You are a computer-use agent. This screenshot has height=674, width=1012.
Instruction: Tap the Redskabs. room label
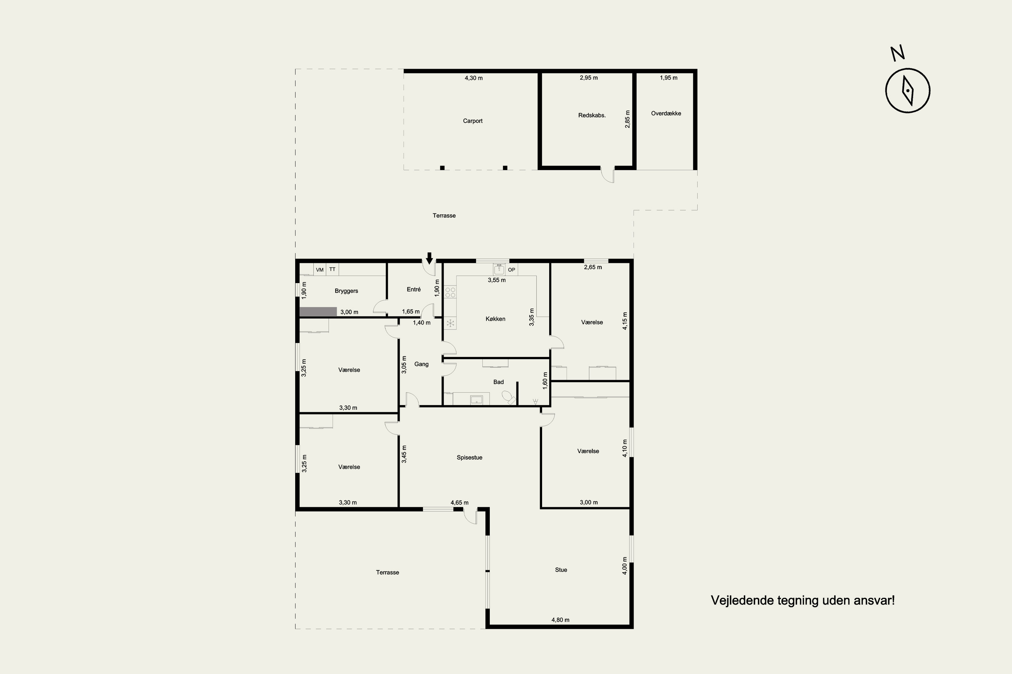coord(592,115)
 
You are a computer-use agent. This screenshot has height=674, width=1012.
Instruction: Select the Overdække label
coord(666,114)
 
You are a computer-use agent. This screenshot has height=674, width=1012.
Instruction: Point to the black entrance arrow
coord(429,258)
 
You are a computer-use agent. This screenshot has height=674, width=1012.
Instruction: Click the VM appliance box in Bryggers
coord(320,270)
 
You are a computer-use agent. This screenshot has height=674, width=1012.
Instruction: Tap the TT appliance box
coord(332,270)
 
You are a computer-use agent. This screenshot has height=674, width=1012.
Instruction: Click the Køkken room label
coord(495,319)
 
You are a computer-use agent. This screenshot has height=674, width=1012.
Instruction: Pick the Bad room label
coord(498,382)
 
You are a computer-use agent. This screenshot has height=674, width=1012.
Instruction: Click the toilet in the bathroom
coord(509,398)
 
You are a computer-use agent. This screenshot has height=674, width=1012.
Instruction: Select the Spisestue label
coord(470,458)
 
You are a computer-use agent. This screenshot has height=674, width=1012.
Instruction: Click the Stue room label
coord(561,570)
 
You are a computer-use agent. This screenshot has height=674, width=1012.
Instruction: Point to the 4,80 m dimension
coord(560,620)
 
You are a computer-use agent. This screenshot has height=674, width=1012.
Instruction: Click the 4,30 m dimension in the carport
coord(473,78)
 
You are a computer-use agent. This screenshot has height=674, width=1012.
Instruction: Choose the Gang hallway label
coord(421,364)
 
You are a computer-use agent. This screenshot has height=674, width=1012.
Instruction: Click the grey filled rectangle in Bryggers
coord(318,312)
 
